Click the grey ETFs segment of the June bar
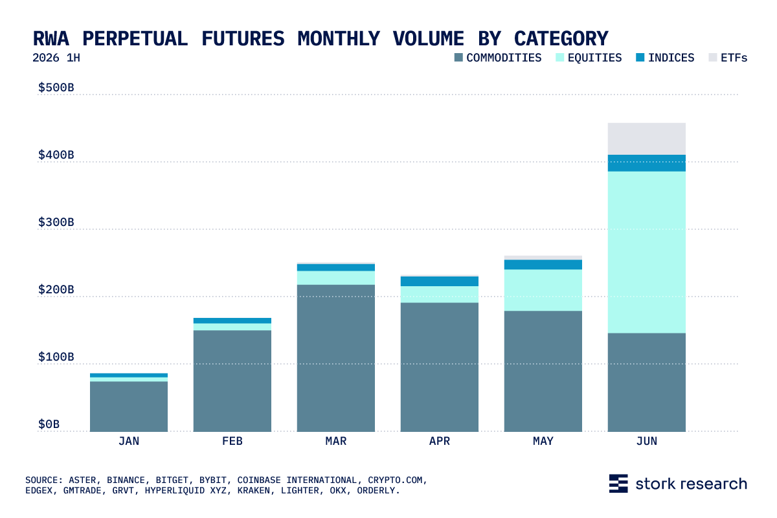click(647, 139)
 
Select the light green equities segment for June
click(647, 253)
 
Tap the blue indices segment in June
click(647, 163)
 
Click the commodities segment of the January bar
click(129, 406)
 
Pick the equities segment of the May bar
click(543, 290)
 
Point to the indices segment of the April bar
click(440, 281)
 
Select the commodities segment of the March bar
click(336, 358)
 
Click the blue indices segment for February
click(232, 321)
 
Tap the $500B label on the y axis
click(56, 87)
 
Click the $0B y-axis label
click(49, 424)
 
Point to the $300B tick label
click(56, 222)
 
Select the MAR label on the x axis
click(336, 441)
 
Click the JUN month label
click(647, 441)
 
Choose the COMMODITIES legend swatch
click(458, 57)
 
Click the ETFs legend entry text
click(734, 58)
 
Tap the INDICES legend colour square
click(640, 57)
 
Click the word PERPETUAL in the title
click(135, 38)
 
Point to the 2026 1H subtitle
click(56, 58)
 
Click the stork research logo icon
click(618, 483)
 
